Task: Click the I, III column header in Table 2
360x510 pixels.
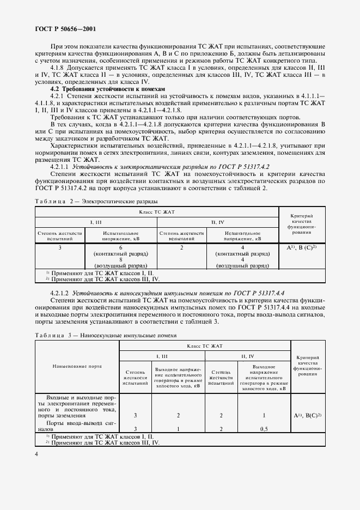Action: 96,222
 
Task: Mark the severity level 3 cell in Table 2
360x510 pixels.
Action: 60,247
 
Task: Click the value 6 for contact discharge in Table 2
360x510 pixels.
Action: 120,247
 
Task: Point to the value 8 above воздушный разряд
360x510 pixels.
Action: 120,260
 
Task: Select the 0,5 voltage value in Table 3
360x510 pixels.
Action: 264,428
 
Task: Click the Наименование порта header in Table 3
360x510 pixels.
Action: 77,368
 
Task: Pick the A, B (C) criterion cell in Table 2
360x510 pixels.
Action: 301,247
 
